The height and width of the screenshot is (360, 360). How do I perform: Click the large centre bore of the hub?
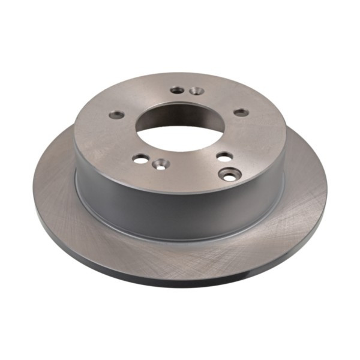[180, 123]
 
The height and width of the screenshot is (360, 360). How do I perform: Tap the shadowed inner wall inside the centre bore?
[180, 110]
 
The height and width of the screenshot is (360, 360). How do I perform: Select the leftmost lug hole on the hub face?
[117, 114]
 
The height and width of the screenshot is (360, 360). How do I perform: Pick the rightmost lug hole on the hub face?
[241, 112]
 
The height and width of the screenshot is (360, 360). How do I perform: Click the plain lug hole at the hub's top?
[177, 90]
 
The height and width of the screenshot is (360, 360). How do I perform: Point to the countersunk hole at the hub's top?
[196, 91]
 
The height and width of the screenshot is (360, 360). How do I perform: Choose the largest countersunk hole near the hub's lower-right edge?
[230, 174]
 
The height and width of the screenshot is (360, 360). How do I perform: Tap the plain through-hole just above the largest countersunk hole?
[224, 157]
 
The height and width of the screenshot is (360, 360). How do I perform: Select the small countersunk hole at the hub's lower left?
[160, 164]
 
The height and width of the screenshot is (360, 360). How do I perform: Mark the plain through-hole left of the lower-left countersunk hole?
[141, 158]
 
